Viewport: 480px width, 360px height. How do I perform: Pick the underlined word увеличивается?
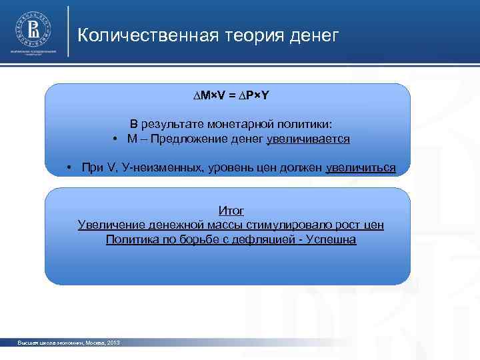point(308,139)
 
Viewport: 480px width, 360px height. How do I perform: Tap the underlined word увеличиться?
point(361,167)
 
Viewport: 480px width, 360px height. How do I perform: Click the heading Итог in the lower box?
point(231,211)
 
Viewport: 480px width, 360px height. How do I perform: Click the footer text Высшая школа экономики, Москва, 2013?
point(69,342)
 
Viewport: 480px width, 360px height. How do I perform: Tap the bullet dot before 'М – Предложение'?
point(115,139)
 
